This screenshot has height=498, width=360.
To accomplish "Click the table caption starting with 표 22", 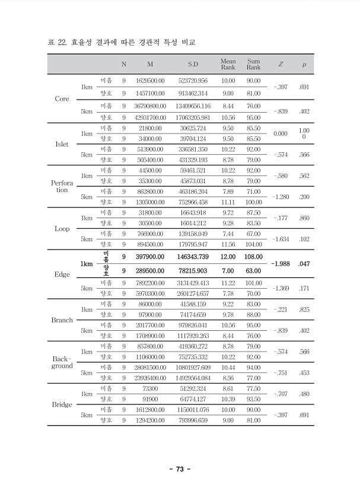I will (121, 43).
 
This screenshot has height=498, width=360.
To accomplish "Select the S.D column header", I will (193, 64).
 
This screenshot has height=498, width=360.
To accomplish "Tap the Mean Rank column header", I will (228, 64).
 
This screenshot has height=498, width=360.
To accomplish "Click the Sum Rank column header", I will (253, 64).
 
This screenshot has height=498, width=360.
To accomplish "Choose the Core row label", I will (62, 99).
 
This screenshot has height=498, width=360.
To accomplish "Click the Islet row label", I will (62, 144).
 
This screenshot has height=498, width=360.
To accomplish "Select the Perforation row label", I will (62, 186).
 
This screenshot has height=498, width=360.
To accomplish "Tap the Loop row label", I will (62, 228).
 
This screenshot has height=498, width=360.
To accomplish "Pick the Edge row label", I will (62, 274).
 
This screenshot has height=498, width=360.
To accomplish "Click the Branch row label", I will (62, 320).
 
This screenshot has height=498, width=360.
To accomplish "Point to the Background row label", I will (62, 362).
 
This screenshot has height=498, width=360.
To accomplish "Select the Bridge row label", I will (62, 405).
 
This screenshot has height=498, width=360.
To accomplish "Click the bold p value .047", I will (304, 263).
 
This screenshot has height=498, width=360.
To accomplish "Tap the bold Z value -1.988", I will (281, 263).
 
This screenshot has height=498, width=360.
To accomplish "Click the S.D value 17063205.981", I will (193, 117).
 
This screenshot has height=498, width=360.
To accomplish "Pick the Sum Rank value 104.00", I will (253, 244).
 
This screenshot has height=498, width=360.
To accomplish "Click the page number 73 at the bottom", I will (180, 470).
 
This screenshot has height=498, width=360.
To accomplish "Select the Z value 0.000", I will (281, 134).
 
